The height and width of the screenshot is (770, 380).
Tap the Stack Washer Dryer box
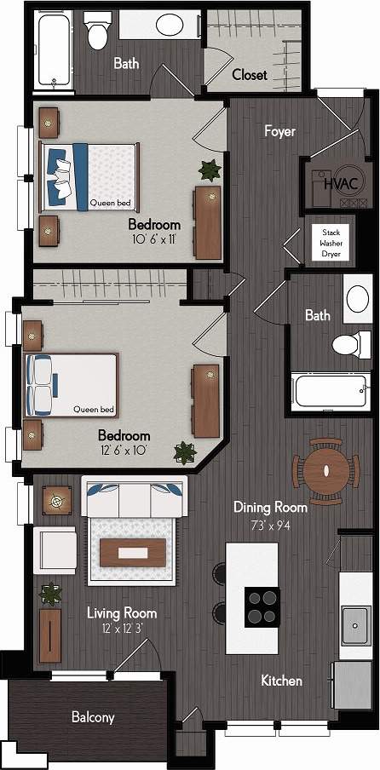coord(331,242)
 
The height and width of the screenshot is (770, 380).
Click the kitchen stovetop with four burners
coord(262,606)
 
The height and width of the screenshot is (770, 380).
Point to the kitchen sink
coord(355,626)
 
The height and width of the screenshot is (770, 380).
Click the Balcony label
coord(93,717)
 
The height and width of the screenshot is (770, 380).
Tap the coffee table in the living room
coord(131,553)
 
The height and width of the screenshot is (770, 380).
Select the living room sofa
coord(133,497)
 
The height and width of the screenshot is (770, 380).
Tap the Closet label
coord(249,75)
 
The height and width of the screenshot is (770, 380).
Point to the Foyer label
coord(279,131)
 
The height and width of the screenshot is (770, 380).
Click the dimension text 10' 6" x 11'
coord(154,240)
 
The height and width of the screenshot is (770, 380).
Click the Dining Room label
coord(270,507)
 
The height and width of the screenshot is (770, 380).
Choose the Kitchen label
coord(281,681)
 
